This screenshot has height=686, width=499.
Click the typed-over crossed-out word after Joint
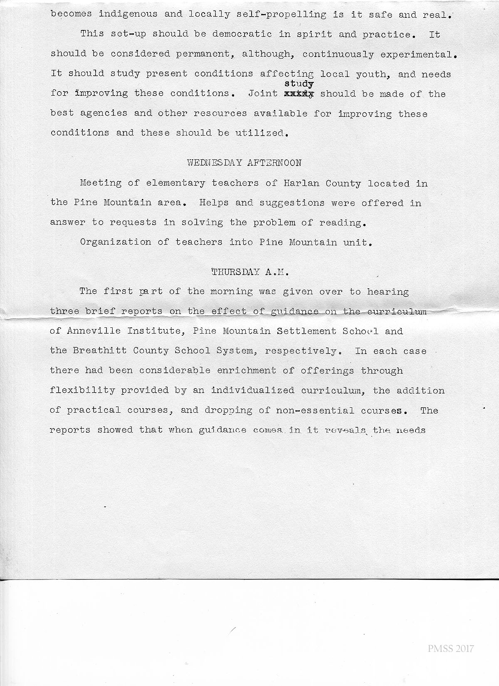tap(298, 94)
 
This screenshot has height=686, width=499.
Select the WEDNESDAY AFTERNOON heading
tap(245, 163)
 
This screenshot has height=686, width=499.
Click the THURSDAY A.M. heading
tap(250, 272)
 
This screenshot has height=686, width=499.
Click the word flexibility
tap(82, 391)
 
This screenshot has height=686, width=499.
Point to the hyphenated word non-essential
tap(315, 411)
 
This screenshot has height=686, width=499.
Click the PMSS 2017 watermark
tap(450, 649)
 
